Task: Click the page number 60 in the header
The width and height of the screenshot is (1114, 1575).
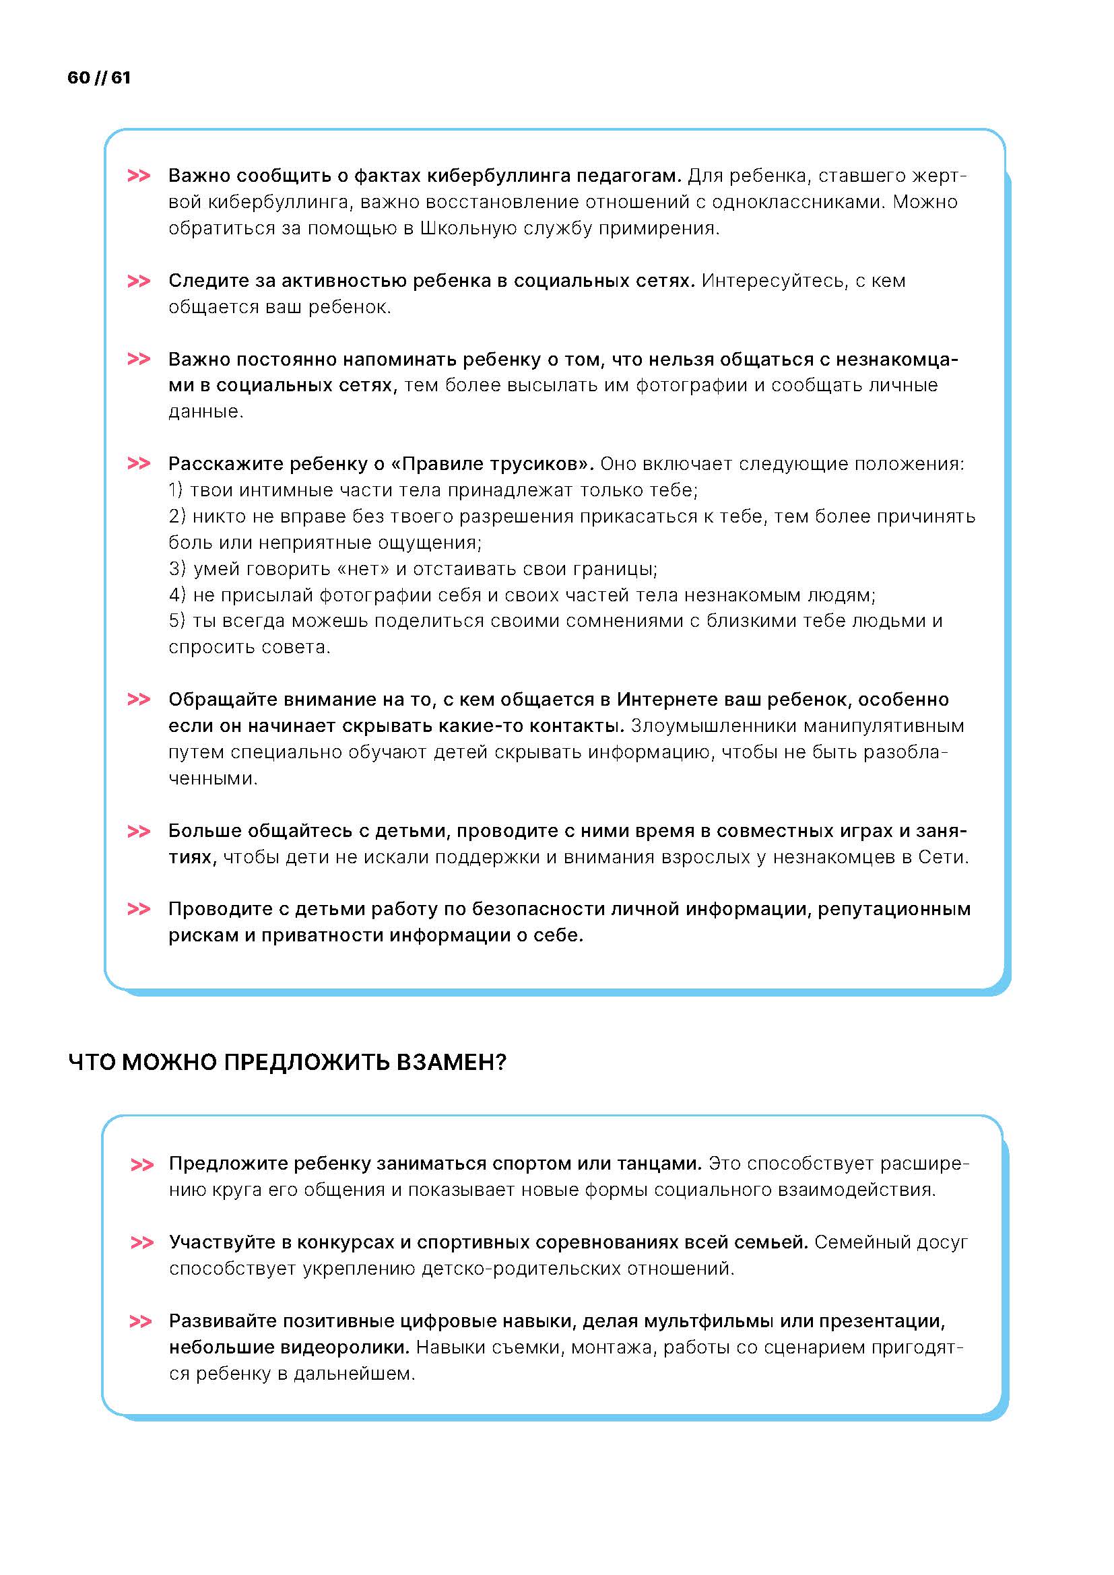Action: pyautogui.click(x=78, y=77)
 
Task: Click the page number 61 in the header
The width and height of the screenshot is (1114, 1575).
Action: pyautogui.click(x=121, y=77)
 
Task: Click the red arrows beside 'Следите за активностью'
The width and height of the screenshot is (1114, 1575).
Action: pyautogui.click(x=139, y=281)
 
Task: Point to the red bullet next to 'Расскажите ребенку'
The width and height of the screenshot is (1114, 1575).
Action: pyautogui.click(x=139, y=465)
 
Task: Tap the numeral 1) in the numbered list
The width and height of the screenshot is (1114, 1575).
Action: pyautogui.click(x=176, y=490)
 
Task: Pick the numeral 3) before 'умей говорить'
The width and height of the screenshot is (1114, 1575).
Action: pyautogui.click(x=177, y=569)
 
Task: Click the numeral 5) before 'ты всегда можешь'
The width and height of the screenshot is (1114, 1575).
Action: pyautogui.click(x=177, y=621)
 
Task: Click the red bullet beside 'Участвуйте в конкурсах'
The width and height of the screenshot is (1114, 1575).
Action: pyautogui.click(x=141, y=1243)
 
